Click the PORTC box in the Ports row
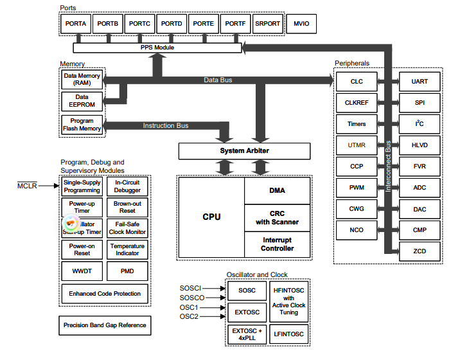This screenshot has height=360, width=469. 139,24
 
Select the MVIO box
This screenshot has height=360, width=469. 301,24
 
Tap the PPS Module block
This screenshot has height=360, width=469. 157,48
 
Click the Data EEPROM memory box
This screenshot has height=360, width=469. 82,101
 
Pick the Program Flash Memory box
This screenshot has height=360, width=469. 82,125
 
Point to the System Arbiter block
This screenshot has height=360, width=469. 244,151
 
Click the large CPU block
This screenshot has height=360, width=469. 211,217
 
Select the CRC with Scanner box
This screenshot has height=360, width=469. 277,217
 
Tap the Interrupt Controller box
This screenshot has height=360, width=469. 277,244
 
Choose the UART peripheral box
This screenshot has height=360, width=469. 420,82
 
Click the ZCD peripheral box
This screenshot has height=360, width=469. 420,251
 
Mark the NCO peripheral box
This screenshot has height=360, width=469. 357,230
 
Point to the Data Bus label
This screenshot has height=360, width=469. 218,80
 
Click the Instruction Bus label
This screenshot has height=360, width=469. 166,125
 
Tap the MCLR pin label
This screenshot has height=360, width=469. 28,186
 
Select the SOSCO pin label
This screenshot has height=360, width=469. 192,298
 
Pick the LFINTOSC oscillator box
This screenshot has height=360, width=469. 288,334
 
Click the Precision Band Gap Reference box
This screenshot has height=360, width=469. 105,325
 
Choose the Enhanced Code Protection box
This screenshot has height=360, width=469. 105,293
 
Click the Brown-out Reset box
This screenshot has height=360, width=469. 127,207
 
